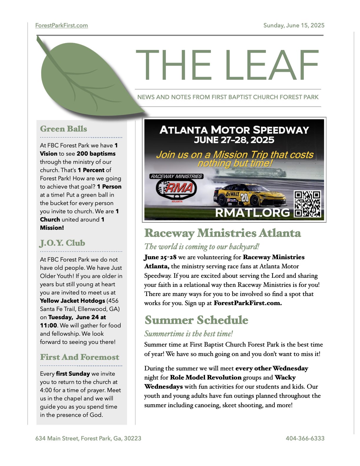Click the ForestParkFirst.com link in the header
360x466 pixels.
[x=61, y=25]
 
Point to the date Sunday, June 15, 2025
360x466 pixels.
[x=294, y=25]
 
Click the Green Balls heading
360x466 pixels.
[x=64, y=129]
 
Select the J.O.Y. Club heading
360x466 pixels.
[x=62, y=243]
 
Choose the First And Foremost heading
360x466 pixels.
[x=79, y=357]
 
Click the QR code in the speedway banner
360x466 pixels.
[x=307, y=204]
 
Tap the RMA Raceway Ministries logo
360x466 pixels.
[x=176, y=188]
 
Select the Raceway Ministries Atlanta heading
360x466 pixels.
[x=223, y=233]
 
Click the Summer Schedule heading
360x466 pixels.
[x=196, y=320]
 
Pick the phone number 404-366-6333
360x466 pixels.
[x=305, y=438]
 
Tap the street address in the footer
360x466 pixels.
[x=88, y=438]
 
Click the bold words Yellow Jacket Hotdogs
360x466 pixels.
[x=72, y=301]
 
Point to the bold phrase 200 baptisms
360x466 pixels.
[x=96, y=154]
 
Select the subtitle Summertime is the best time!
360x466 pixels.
[x=189, y=334]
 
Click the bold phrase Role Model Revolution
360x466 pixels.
[x=206, y=377]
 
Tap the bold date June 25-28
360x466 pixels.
[x=160, y=257]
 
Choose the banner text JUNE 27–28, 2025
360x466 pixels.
[x=234, y=140]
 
